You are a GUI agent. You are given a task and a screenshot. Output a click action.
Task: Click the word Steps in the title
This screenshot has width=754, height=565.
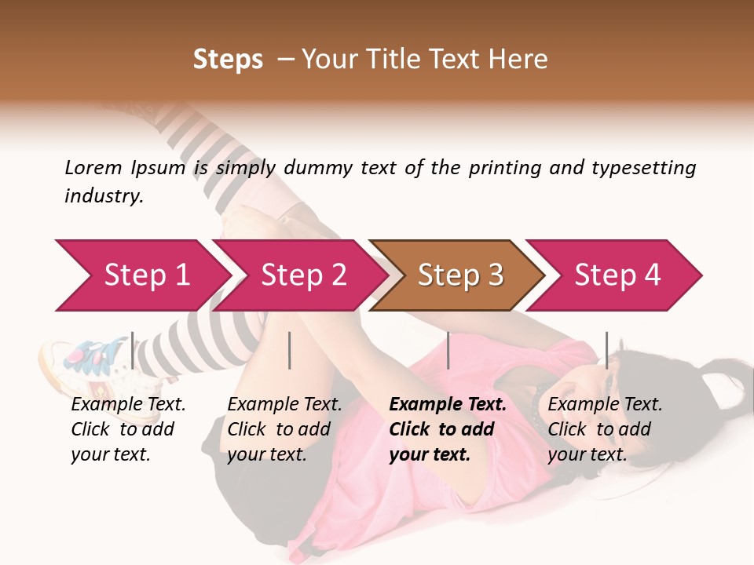coord(228,60)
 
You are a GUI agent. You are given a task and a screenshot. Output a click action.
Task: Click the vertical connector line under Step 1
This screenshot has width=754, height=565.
coord(132,350)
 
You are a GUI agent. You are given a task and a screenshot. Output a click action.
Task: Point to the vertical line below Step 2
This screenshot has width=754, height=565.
coord(290,350)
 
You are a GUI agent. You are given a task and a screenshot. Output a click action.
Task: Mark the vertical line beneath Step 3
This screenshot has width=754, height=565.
coord(448,350)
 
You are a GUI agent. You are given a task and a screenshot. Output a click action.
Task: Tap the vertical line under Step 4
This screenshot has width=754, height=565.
coord(606,350)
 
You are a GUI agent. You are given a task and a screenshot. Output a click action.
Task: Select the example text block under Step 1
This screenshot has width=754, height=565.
coord(128,429)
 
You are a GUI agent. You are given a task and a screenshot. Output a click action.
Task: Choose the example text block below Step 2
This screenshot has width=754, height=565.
coord(284,429)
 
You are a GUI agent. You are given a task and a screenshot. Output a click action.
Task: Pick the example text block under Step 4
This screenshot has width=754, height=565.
coord(605,429)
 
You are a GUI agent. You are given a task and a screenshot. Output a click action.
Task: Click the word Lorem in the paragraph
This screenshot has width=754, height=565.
coord(93,168)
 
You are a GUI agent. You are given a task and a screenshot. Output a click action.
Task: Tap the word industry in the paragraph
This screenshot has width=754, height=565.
coord(103,196)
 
